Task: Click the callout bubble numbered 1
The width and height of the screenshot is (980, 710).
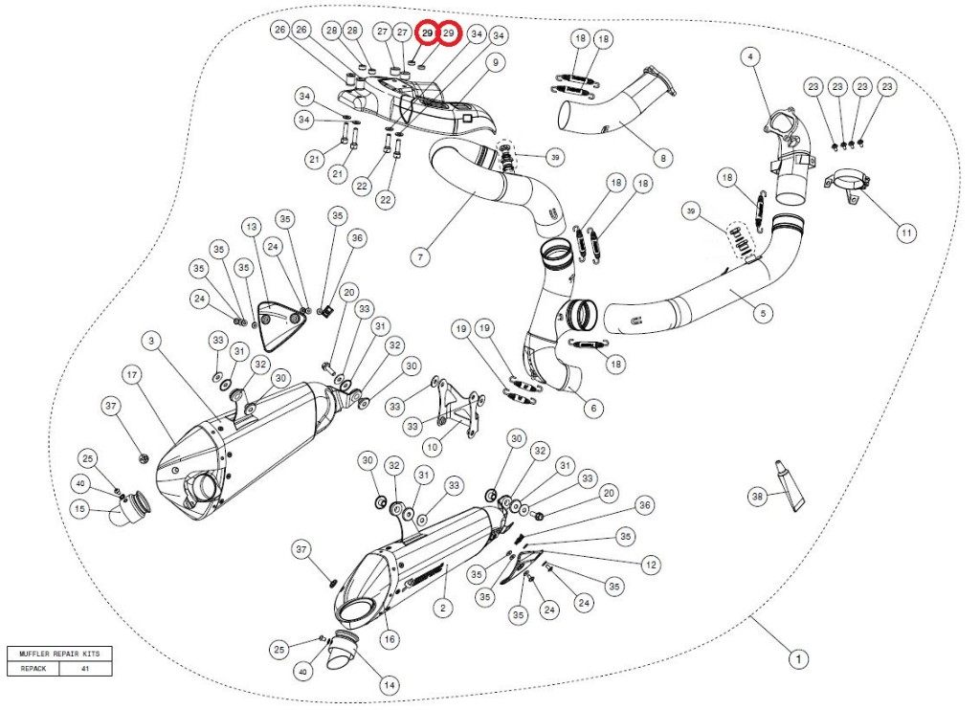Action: click(x=794, y=658)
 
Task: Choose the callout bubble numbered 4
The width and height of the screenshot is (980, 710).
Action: click(x=751, y=57)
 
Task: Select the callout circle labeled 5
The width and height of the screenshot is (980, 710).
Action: click(x=764, y=313)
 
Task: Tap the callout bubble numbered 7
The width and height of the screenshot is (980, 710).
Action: click(x=420, y=256)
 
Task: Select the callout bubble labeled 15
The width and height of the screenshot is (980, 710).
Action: click(x=82, y=510)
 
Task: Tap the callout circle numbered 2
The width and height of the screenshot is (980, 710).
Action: click(x=441, y=607)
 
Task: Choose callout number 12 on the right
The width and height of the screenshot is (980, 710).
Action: click(x=651, y=565)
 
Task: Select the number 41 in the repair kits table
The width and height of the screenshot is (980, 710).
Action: click(x=85, y=670)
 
